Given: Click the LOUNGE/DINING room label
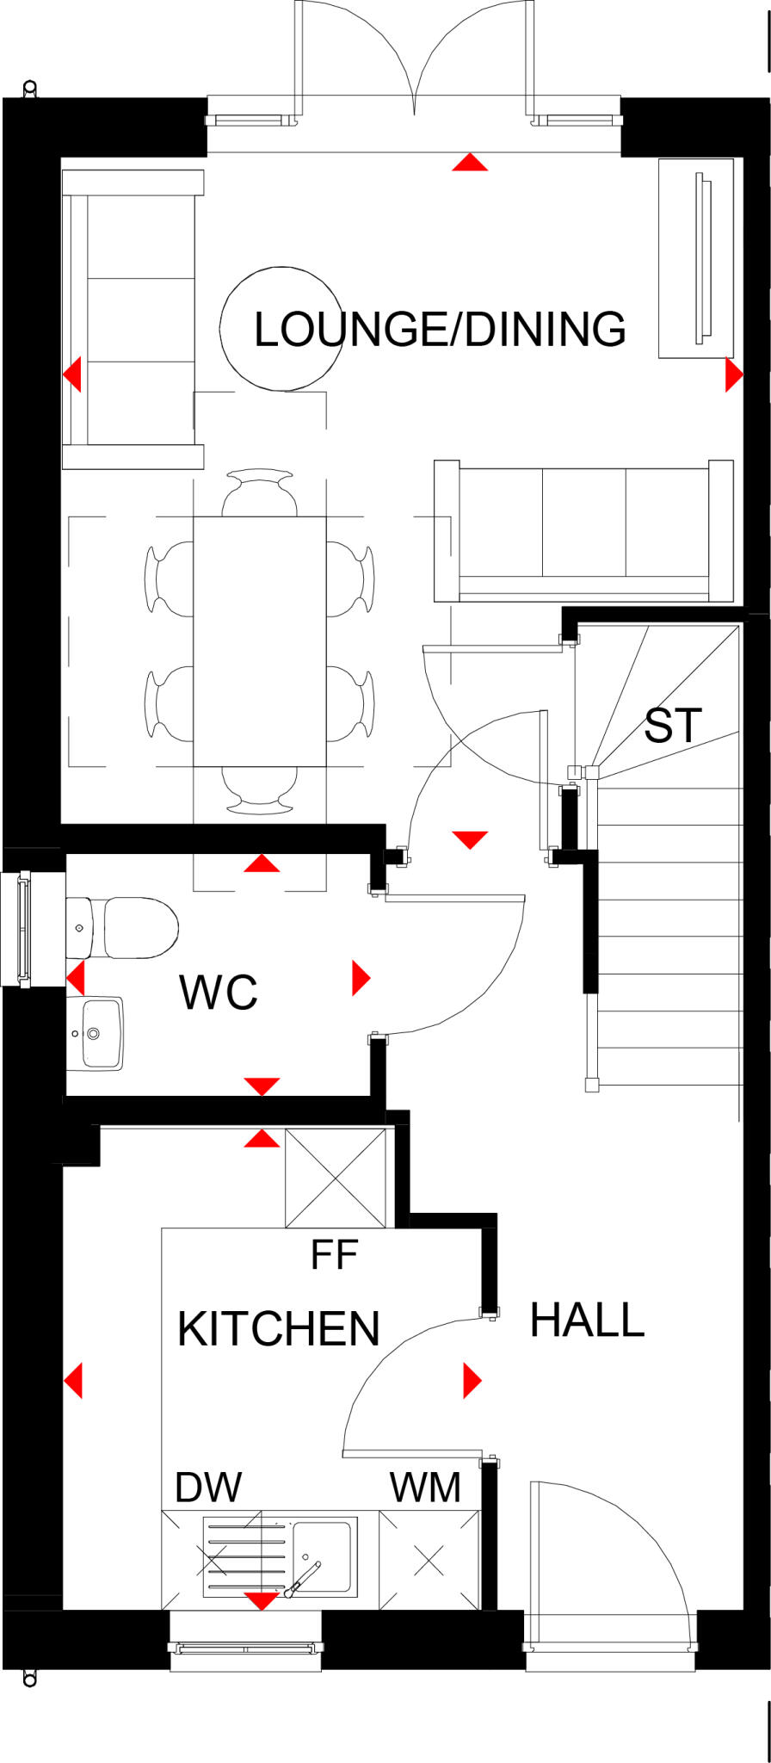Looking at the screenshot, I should click(x=440, y=330).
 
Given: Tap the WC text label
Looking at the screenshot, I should click(x=219, y=993).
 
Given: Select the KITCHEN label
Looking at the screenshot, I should click(x=278, y=1329).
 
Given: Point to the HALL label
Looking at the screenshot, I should click(x=587, y=1320).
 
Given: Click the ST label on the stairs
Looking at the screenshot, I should click(x=673, y=726).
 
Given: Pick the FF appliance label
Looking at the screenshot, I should click(x=334, y=1256).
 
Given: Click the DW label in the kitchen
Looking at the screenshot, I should click(x=208, y=1487).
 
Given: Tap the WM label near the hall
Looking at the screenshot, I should click(x=425, y=1488).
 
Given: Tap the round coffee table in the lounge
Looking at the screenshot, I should click(x=275, y=330).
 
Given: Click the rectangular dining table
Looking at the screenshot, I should click(x=259, y=641).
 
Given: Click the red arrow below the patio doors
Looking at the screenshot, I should click(x=470, y=162).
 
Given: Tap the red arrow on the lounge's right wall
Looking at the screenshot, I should click(x=732, y=374).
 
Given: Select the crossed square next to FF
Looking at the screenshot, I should click(x=336, y=1177).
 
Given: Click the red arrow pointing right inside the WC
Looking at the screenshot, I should click(x=361, y=978).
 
